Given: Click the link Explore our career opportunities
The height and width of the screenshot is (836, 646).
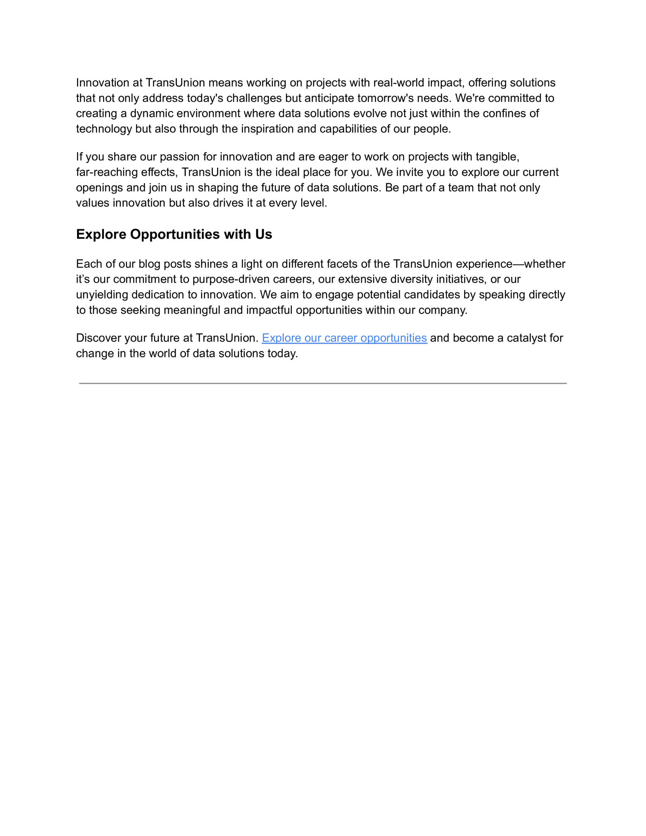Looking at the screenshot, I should (344, 338).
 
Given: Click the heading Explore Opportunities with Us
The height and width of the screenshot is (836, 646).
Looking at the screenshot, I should (174, 234).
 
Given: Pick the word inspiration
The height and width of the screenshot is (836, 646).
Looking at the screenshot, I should (267, 129).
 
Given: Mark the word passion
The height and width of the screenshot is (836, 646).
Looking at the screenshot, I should (180, 157).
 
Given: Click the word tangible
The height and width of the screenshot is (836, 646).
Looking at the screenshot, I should (497, 157).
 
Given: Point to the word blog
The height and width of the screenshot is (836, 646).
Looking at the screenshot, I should (149, 264).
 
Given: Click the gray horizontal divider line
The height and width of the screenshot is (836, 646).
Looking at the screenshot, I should (323, 383).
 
